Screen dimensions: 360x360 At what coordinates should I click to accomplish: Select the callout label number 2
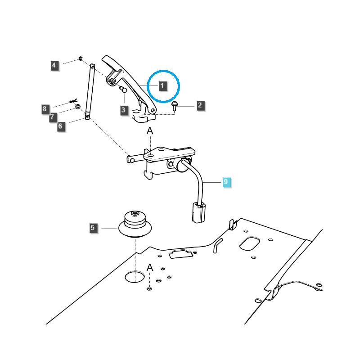pos(200,106)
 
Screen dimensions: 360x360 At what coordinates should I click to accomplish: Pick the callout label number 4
pos(54,66)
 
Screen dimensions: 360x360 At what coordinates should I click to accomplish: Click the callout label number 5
pos(93,228)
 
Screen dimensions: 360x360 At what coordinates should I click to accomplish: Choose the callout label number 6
pos(61,126)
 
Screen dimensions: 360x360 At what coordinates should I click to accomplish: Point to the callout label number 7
pos(52,117)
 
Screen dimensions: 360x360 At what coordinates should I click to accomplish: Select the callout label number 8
pos(45,108)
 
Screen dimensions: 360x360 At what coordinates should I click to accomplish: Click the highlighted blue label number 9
pos(227,182)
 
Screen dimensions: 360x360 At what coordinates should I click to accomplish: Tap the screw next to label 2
pos(175,106)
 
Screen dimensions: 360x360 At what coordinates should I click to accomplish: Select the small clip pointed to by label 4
pos(80,58)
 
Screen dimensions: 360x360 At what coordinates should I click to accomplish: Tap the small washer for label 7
pos(78,107)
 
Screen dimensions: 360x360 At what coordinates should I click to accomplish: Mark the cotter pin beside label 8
pos(74,101)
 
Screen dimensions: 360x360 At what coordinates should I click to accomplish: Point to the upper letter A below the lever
pos(150,131)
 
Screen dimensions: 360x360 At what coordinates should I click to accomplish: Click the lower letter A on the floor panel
pos(150,268)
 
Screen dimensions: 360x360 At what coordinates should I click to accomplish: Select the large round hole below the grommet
pos(135,276)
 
